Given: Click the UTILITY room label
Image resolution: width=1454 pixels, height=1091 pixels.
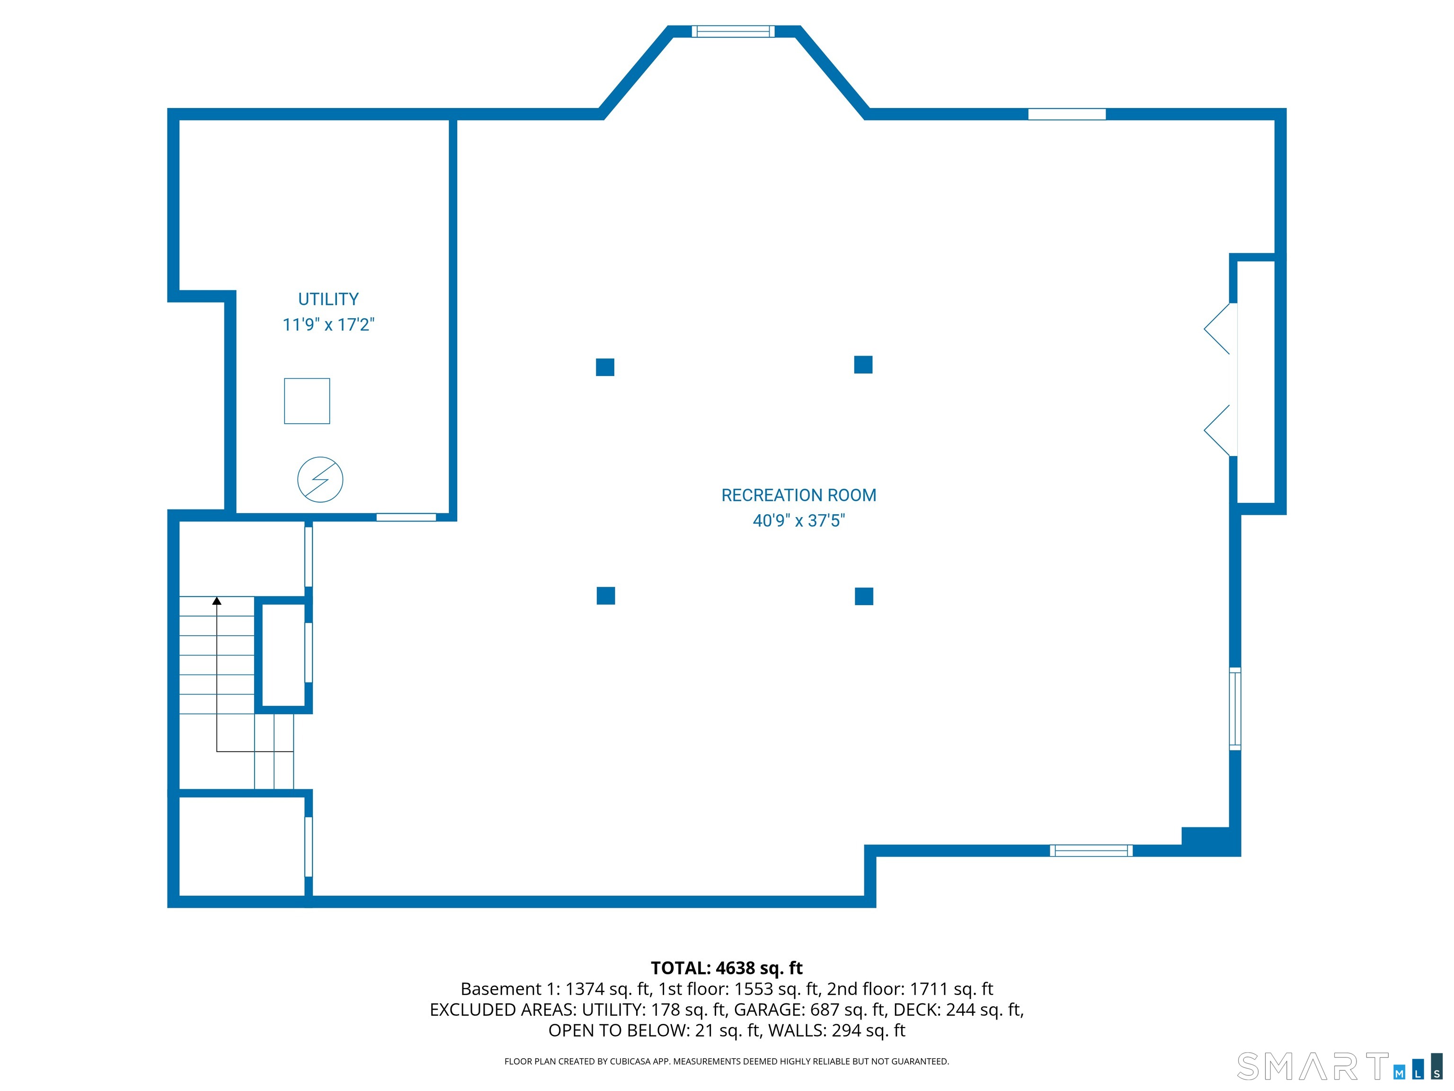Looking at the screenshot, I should point(328,299).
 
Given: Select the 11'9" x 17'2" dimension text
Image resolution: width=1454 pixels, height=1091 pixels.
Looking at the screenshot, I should point(328,324).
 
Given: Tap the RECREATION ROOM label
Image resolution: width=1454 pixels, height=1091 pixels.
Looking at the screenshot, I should point(798,495).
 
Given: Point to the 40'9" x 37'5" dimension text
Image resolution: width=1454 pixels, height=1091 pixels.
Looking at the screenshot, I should point(798,520).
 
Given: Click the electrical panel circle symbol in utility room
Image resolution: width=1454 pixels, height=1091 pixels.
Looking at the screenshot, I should point(320,479).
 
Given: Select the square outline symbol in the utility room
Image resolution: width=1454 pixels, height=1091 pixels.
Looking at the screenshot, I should point(307,401).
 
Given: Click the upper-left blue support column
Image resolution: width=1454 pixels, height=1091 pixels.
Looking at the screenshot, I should point(605,367).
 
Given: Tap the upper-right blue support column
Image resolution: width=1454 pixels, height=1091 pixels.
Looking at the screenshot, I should point(863,364).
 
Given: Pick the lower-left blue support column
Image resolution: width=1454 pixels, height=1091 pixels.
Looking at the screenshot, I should point(605,595).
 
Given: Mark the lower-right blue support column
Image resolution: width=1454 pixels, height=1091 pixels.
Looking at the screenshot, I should point(864,596).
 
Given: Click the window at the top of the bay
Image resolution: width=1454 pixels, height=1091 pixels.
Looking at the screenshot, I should point(733,31).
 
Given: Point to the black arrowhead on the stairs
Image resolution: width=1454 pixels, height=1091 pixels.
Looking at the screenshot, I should point(217,600).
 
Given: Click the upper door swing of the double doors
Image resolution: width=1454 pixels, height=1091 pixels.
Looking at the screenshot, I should point(1219,328).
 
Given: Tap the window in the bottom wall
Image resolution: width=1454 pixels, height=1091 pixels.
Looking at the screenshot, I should point(1091,850).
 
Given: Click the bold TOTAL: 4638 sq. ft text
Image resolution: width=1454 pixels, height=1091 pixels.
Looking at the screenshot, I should point(727,968).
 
